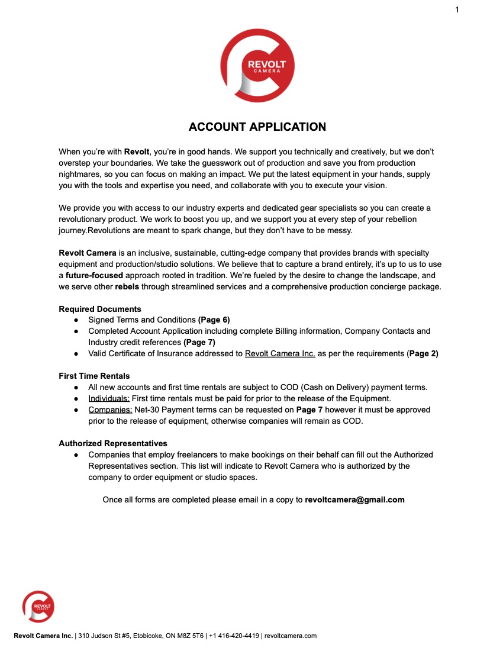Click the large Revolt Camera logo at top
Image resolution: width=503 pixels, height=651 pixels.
pyautogui.click(x=257, y=66)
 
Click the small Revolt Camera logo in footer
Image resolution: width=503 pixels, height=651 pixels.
pyautogui.click(x=38, y=606)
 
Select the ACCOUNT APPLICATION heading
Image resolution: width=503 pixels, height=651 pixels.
pyautogui.click(x=257, y=127)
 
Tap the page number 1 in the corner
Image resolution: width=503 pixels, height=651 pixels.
pyautogui.click(x=457, y=9)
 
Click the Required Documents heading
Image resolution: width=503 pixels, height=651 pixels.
pyautogui.click(x=100, y=309)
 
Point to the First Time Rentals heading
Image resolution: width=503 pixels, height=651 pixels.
pyautogui.click(x=94, y=376)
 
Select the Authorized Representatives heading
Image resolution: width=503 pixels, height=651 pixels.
pyautogui.click(x=113, y=443)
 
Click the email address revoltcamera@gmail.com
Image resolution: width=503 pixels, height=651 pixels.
pyautogui.click(x=354, y=499)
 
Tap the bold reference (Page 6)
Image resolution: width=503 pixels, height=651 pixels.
pyautogui.click(x=214, y=320)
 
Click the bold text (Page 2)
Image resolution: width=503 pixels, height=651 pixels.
pyautogui.click(x=423, y=353)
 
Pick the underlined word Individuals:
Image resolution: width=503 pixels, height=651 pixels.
pyautogui.click(x=109, y=398)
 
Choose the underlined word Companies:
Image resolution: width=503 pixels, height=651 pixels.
pyautogui.click(x=110, y=410)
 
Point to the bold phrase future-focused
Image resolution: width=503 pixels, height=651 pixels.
pyautogui.click(x=94, y=276)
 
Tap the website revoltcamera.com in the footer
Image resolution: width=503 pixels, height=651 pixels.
pyautogui.click(x=291, y=636)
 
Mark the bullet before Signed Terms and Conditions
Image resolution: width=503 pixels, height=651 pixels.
pyautogui.click(x=77, y=320)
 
